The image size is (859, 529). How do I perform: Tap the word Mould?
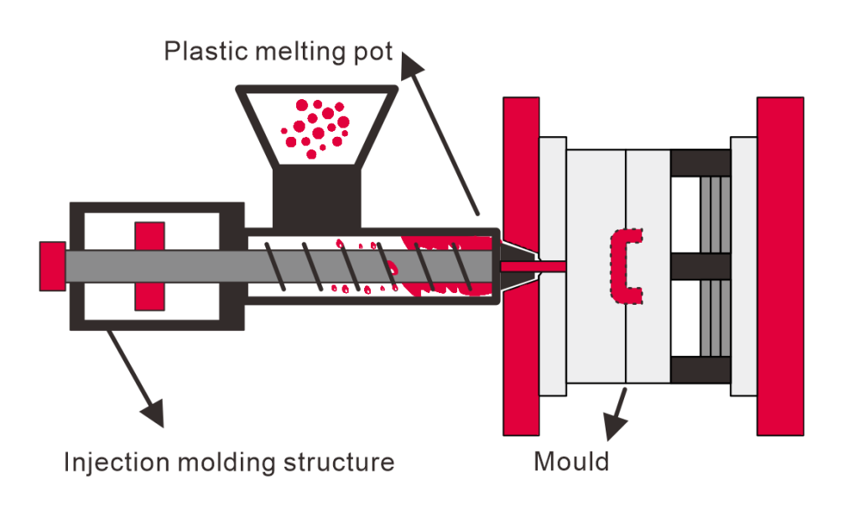570,462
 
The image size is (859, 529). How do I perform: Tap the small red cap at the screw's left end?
52,266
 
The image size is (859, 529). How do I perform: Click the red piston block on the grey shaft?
149,266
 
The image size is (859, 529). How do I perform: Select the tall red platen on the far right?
780,266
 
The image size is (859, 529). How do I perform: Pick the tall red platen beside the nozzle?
521,266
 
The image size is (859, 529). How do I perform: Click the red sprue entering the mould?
534,266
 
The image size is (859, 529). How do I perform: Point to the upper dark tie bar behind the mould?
700,163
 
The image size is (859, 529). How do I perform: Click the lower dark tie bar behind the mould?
700,369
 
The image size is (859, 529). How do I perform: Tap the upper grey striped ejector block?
715,214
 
